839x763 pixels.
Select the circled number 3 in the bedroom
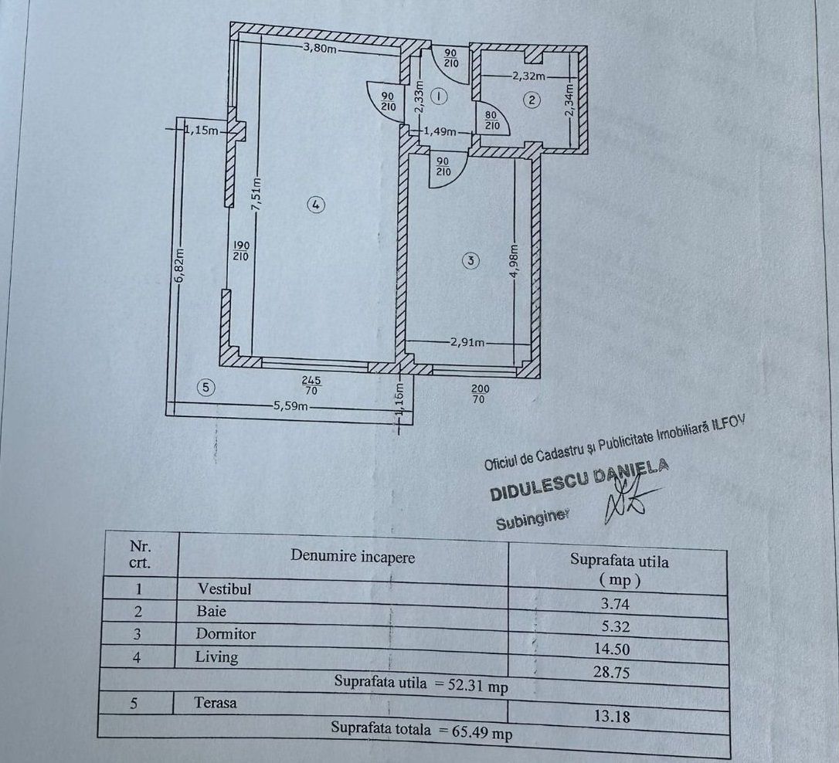click(470, 260)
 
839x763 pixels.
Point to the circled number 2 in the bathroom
click(531, 99)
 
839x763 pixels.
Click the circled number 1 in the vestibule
click(438, 97)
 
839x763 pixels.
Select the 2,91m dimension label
click(467, 342)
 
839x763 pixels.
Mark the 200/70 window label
click(479, 395)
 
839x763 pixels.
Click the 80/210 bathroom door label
click(491, 120)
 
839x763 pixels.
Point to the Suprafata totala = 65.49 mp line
click(421, 729)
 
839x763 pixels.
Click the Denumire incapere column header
click(352, 557)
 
